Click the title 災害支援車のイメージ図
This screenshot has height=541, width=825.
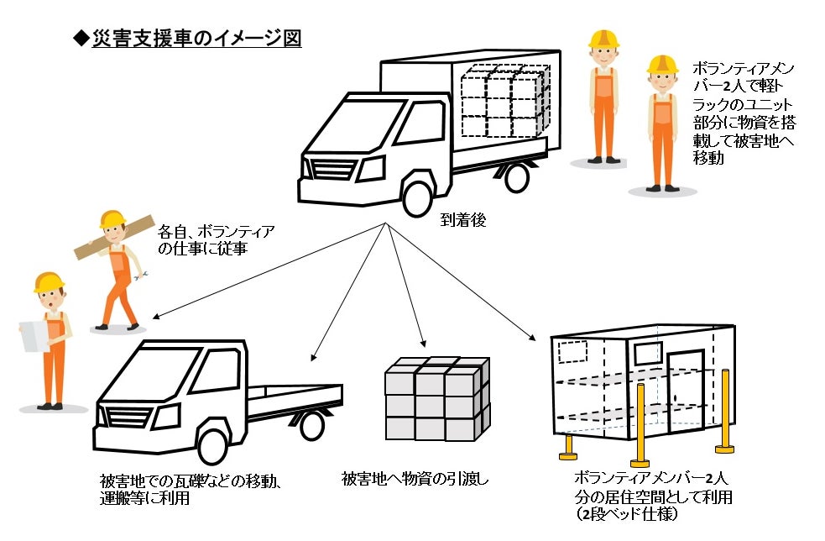[196, 38]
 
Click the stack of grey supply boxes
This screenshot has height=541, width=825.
[436, 398]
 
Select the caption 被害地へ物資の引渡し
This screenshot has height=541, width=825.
[415, 479]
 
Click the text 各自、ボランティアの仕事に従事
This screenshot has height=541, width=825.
[216, 239]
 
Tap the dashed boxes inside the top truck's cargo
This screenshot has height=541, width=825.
[503, 101]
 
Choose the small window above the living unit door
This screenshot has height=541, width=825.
[647, 353]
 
